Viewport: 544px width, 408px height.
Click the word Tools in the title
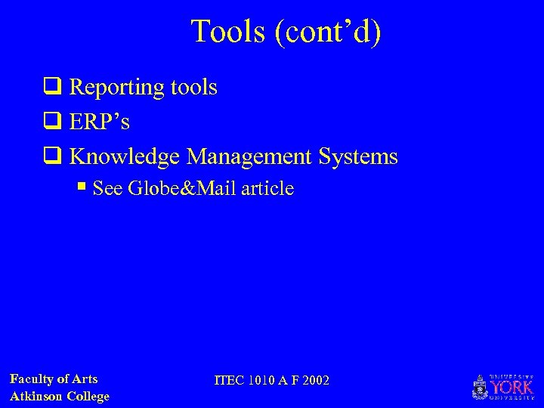click(227, 32)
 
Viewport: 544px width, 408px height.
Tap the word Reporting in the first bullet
click(116, 88)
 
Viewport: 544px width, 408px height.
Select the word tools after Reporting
click(193, 88)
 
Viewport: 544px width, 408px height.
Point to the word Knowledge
click(125, 156)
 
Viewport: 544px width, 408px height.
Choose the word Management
click(249, 156)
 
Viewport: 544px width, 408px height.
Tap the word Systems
click(358, 156)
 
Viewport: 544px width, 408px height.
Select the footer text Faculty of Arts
click(54, 379)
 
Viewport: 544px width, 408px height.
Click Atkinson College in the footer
click(60, 396)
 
